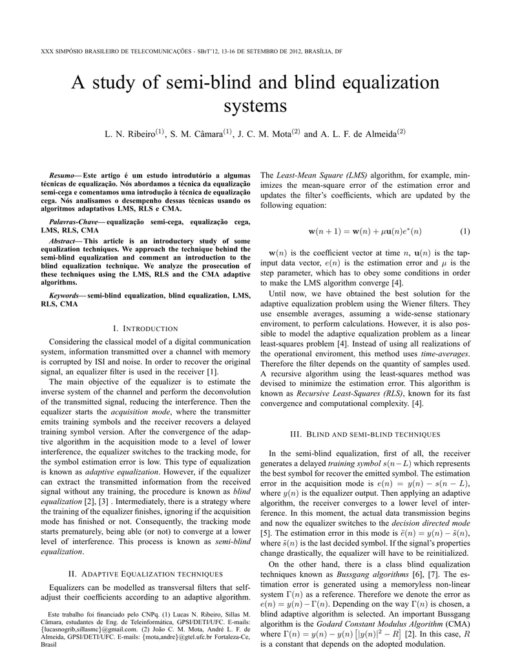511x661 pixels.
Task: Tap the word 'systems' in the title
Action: (x=255, y=105)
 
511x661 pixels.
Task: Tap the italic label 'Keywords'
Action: (x=65, y=296)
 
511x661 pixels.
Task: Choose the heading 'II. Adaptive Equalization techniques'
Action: (x=146, y=573)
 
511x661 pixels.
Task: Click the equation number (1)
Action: (x=465, y=231)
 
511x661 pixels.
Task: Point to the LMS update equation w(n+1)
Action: (x=356, y=231)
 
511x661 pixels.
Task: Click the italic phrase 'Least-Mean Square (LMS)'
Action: (x=322, y=175)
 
